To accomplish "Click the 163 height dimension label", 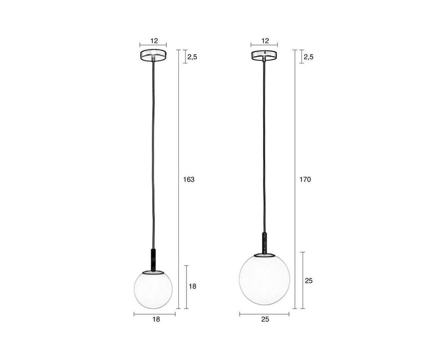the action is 189,179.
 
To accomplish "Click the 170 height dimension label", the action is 305,179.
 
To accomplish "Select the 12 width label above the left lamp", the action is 154,41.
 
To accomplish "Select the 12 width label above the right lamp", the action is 265,41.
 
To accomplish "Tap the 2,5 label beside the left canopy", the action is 192,57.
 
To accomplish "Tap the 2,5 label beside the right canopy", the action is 308,57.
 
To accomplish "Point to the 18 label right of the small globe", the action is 193,286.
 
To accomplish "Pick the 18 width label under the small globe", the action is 156,319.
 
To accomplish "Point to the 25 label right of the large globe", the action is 309,281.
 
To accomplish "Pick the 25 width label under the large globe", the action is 265,319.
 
